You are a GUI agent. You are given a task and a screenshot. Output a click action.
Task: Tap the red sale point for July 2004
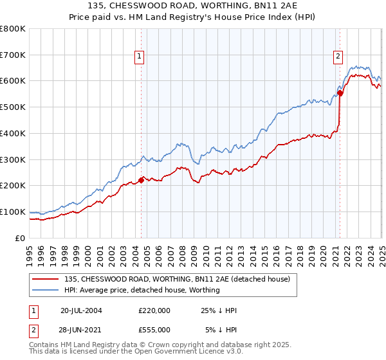[142, 181]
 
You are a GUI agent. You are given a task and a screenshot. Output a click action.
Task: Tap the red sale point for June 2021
[340, 93]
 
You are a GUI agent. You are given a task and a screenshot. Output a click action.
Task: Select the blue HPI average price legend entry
[142, 290]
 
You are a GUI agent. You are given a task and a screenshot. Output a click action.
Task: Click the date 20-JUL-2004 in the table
[81, 310]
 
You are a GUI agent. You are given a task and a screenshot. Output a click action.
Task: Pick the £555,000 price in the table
[154, 329]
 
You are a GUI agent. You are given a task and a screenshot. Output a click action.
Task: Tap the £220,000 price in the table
[154, 310]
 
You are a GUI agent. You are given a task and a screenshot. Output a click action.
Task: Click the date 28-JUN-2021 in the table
[81, 329]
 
